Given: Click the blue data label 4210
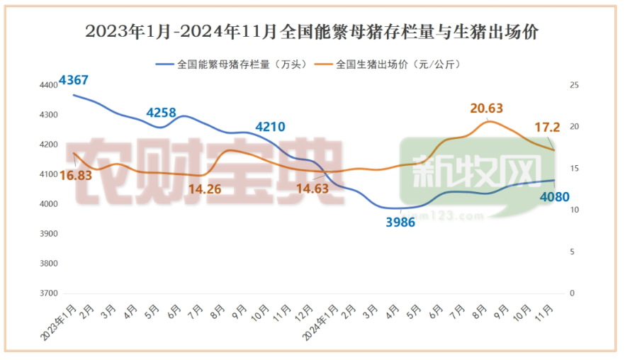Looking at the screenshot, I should (x=269, y=128).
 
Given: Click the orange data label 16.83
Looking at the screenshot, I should (x=75, y=176).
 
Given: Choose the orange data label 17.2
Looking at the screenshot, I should (x=546, y=128).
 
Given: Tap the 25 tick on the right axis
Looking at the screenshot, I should (x=575, y=85).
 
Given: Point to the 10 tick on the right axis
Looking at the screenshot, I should (x=575, y=210).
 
